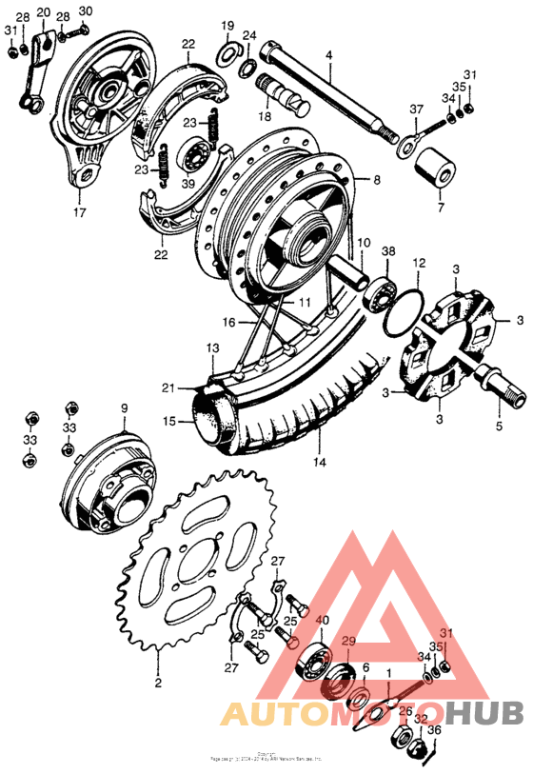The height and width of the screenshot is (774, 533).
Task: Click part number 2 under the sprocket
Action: [x=157, y=682]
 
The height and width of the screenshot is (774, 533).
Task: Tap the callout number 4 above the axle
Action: [x=328, y=56]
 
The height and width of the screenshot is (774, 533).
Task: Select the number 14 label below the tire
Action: [x=319, y=463]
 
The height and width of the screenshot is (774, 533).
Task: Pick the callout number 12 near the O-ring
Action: [x=418, y=262]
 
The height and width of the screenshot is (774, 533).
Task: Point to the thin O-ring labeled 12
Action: [x=404, y=306]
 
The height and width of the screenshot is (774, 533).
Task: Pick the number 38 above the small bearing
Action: [x=388, y=250]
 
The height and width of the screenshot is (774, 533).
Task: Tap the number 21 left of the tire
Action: [x=168, y=387]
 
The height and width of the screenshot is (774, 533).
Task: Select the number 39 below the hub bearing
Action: [x=188, y=182]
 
